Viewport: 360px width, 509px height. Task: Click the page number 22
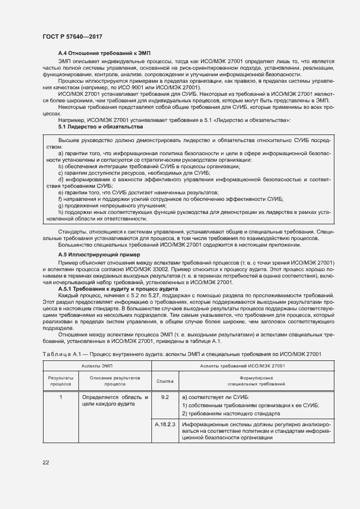pyautogui.click(x=46, y=463)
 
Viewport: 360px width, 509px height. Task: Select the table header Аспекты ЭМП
pyautogui.click(x=96, y=366)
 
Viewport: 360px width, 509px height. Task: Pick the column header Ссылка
pyautogui.click(x=164, y=381)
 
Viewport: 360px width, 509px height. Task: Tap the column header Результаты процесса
pyautogui.click(x=61, y=381)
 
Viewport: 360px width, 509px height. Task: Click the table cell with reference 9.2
pyautogui.click(x=165, y=397)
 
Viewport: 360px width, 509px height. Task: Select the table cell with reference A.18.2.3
pyautogui.click(x=165, y=424)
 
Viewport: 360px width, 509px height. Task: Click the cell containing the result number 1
pyautogui.click(x=61, y=397)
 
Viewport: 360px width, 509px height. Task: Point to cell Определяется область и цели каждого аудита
pyautogui.click(x=114, y=401)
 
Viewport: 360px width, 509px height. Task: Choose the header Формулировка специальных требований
pyautogui.click(x=255, y=381)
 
